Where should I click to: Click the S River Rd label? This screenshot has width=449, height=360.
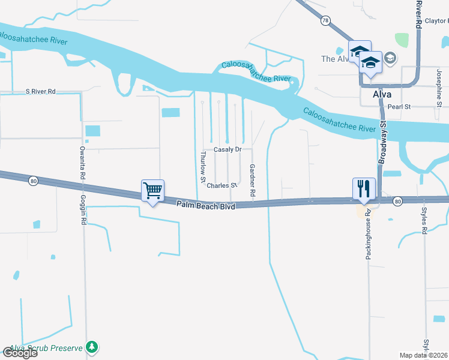[40, 92]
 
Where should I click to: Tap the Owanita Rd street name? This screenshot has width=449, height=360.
[82, 160]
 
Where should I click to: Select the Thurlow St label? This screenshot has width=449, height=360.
[203, 166]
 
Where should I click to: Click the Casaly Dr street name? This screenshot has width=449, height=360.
[228, 149]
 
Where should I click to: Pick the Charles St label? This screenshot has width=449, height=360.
[221, 185]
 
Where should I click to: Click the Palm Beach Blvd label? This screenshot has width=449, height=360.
[205, 205]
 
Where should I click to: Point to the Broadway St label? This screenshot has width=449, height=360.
[382, 142]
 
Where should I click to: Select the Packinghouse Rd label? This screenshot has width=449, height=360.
[369, 233]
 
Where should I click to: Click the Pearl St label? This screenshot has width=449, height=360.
[399, 107]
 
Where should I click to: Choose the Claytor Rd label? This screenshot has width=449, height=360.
[436, 20]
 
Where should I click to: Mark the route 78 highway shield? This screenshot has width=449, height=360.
[325, 20]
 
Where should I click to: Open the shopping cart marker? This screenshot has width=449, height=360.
[152, 191]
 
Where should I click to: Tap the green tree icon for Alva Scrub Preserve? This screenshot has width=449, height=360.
[91, 347]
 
